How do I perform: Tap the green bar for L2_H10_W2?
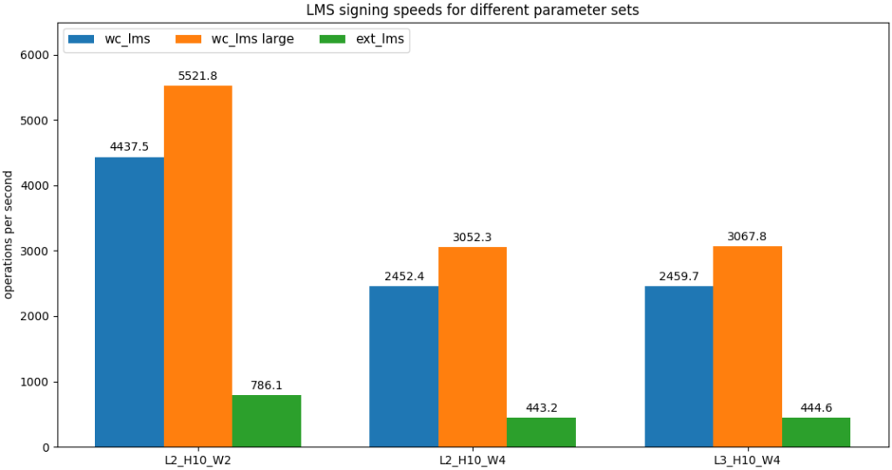pyautogui.click(x=267, y=421)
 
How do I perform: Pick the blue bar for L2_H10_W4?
pyautogui.click(x=403, y=366)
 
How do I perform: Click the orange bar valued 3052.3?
pyautogui.click(x=472, y=347)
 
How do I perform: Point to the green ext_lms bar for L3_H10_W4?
pyautogui.click(x=815, y=433)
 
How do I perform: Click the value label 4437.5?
pyautogui.click(x=129, y=147)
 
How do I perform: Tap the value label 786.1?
pyautogui.click(x=267, y=386)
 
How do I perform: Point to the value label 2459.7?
pyautogui.click(x=678, y=276)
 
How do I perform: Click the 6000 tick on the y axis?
pyautogui.click(x=40, y=55)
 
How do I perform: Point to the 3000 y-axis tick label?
pyautogui.click(x=40, y=251)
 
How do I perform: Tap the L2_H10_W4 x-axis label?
pyautogui.click(x=472, y=460)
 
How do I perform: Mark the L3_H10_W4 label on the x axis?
pyautogui.click(x=747, y=460)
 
